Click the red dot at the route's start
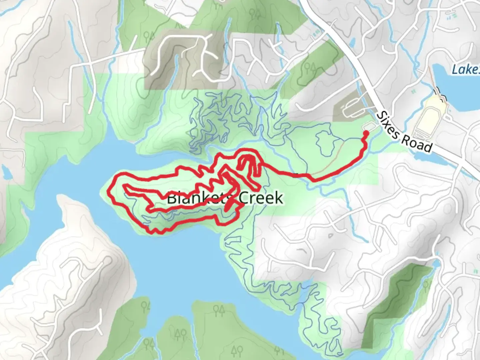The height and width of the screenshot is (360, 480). (x=366, y=134)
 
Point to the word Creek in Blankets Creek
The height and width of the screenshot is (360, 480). (x=261, y=198)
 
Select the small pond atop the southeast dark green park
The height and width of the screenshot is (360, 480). (x=435, y=264)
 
